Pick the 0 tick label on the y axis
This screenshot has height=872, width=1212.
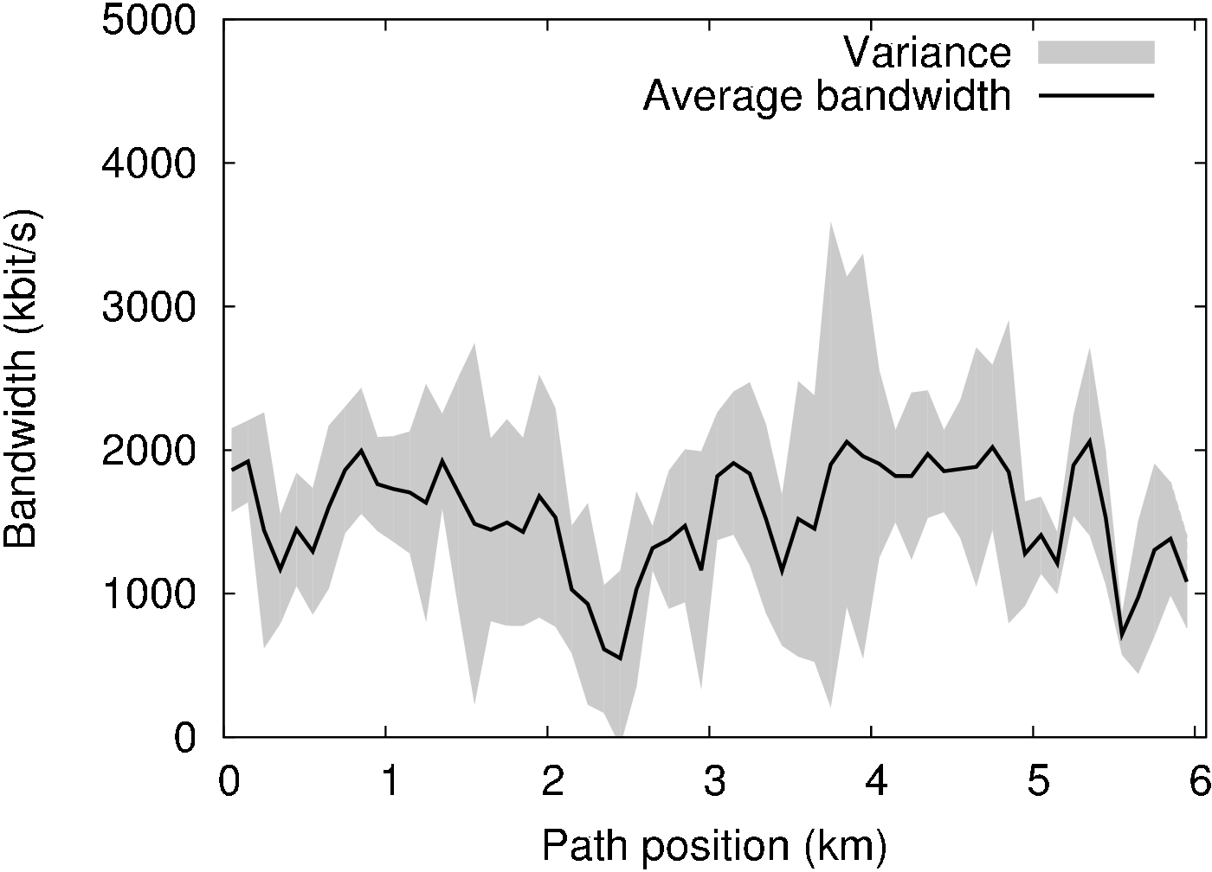[x=185, y=737]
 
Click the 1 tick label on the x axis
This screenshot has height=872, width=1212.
[x=390, y=784]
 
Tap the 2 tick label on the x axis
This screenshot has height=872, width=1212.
[x=551, y=784]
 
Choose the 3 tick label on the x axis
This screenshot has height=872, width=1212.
[x=713, y=784]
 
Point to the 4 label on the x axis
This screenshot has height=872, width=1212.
[x=876, y=784]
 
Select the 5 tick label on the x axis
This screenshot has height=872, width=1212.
[x=1038, y=784]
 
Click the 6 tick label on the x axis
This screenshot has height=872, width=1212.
[x=1199, y=784]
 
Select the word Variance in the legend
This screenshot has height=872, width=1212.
[x=928, y=53]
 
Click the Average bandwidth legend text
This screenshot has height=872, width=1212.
[x=827, y=95]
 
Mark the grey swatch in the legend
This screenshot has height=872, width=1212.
[x=1096, y=52]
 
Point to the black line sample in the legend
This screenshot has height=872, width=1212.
[x=1096, y=95]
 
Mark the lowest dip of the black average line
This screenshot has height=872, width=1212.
[x=620, y=659]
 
